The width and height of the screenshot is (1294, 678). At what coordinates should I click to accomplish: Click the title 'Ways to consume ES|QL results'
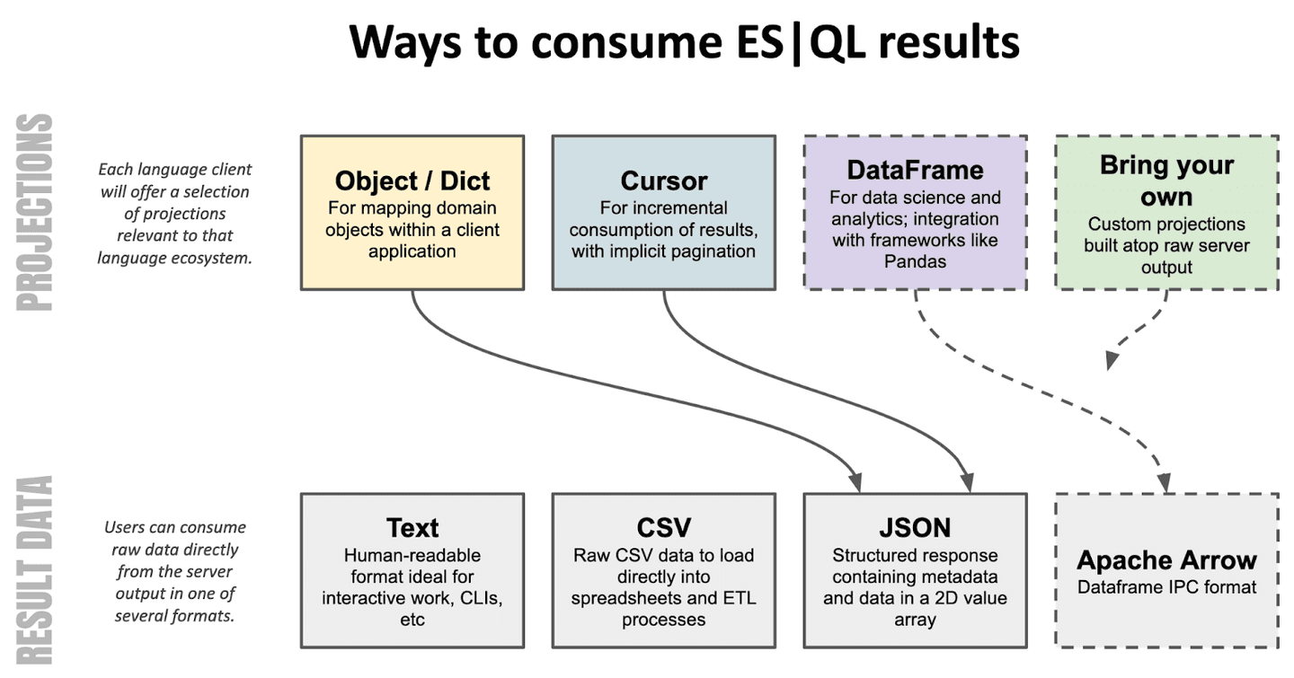coord(684,42)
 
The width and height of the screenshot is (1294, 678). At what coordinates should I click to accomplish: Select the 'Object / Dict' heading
coord(412,181)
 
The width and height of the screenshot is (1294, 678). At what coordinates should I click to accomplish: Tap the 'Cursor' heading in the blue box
coord(663,181)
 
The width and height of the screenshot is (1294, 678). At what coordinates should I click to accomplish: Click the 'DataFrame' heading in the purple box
coord(915,170)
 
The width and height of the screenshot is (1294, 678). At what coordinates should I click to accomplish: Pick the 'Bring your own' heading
coord(1166,181)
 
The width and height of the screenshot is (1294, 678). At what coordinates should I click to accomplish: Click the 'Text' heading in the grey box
coord(412,527)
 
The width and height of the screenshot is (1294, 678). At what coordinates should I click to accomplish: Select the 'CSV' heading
coord(663,527)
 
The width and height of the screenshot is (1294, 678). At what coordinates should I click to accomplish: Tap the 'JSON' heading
coord(915,527)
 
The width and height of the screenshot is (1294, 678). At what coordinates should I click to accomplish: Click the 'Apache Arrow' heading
coord(1166,560)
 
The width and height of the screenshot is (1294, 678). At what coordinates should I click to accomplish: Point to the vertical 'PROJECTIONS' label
coord(35,212)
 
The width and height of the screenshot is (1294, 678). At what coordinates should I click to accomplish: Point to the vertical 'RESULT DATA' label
coord(35,570)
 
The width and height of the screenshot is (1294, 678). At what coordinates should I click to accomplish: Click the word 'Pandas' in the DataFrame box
coord(915,261)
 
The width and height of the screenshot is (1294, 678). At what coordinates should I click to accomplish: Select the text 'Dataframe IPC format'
coord(1166,587)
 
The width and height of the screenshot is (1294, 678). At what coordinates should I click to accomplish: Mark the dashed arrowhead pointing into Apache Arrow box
coord(1165,483)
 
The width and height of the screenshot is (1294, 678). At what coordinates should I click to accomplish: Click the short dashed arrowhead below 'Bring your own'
coord(1112,359)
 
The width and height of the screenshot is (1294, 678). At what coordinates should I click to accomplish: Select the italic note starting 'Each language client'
coord(174,214)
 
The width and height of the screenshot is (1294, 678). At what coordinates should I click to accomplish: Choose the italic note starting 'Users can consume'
coord(174,571)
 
